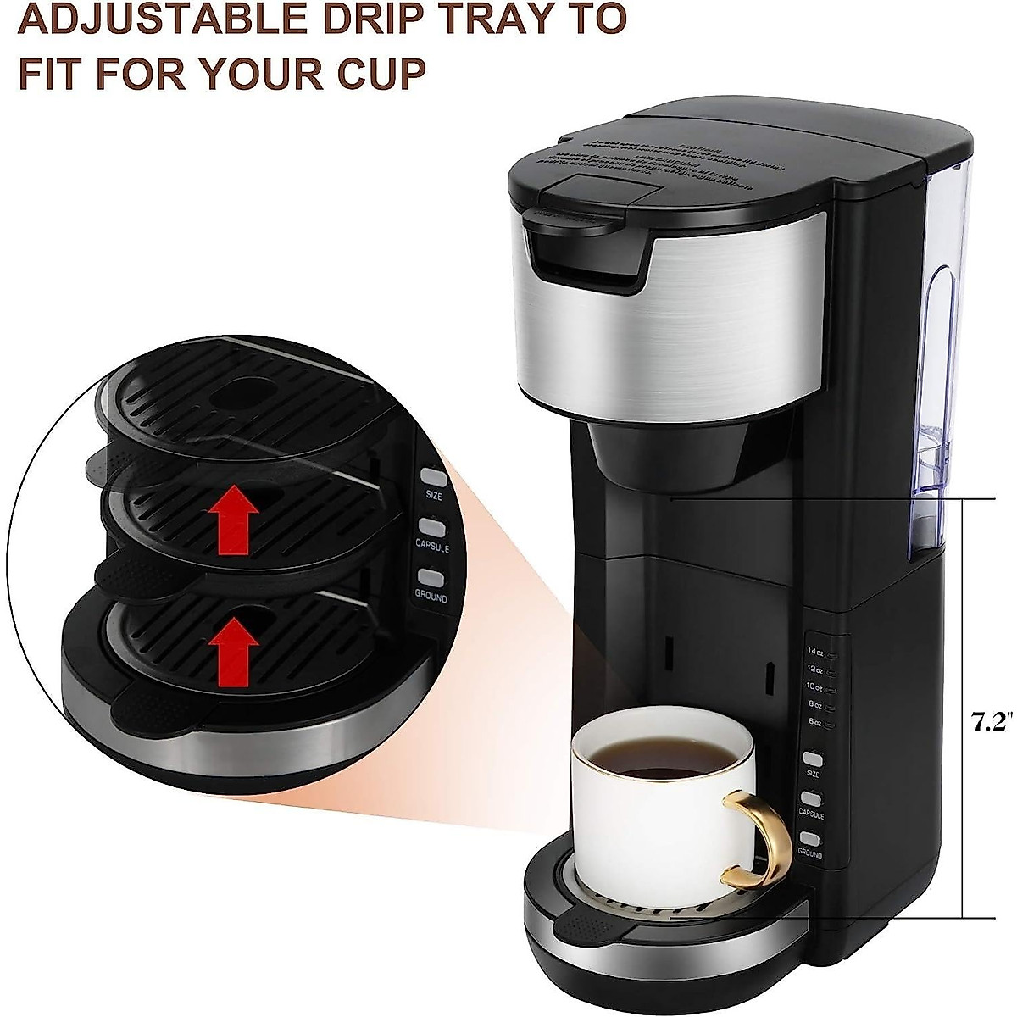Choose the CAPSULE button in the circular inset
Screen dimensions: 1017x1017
[432, 526]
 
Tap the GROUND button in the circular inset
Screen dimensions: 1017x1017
[431, 578]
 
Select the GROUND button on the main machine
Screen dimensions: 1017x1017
[812, 838]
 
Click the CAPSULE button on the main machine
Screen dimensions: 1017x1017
[812, 798]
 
